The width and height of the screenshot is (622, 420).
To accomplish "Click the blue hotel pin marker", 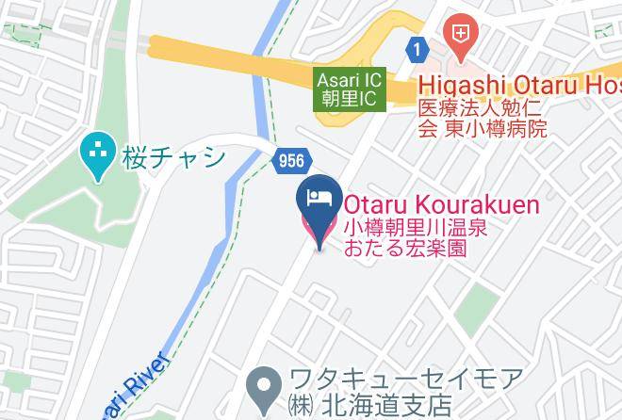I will tap(318, 208).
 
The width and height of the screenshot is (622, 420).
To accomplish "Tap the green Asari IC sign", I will tap(350, 89).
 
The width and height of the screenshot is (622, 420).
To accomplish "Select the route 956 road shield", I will tap(291, 161).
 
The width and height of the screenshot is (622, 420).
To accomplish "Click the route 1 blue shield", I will tap(416, 47).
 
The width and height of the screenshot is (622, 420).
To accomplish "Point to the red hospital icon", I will tap(460, 36).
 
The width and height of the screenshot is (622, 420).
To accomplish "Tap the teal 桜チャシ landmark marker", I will tap(96, 157).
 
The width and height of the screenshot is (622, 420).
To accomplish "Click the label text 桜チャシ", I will tap(173, 156).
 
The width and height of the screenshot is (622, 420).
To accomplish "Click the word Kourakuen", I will tap(481, 204).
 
